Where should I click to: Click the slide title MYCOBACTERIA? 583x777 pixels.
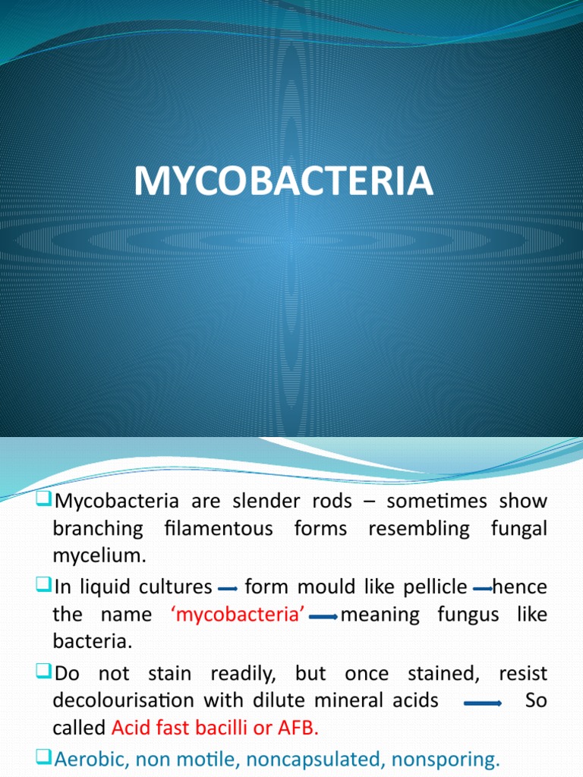tap(284, 183)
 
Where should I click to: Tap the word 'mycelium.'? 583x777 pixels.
tap(98, 555)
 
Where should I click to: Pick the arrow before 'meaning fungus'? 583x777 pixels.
tap(323, 617)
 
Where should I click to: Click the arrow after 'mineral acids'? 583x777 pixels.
tap(483, 703)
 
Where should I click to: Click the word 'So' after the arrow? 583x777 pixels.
tap(536, 700)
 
